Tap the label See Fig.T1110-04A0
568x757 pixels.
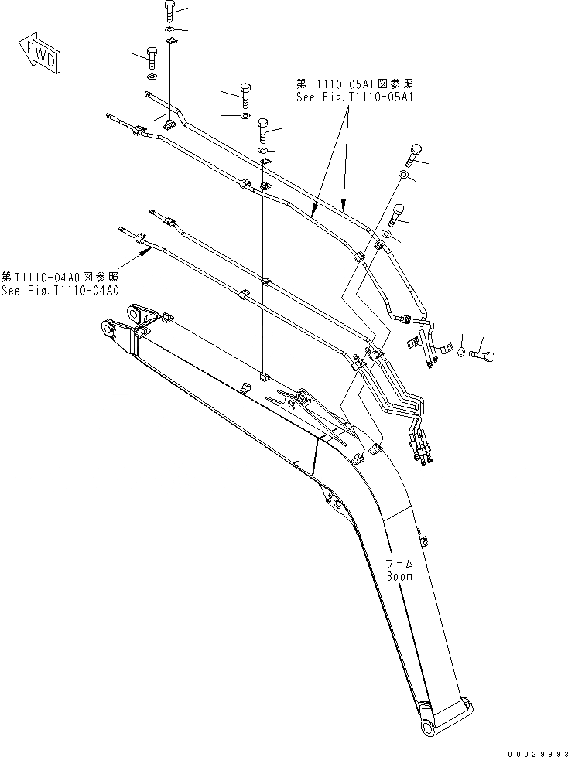click(60, 291)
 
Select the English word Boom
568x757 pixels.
click(399, 576)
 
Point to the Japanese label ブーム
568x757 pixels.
click(399, 564)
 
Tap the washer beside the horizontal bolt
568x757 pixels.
click(462, 353)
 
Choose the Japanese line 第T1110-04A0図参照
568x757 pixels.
click(60, 276)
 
